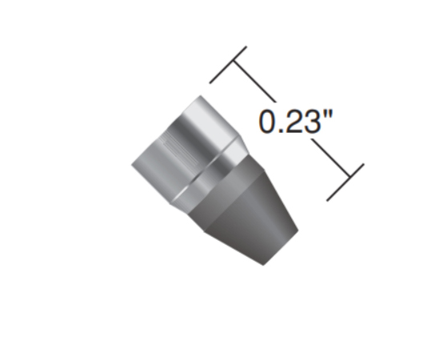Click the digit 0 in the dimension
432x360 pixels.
(268, 122)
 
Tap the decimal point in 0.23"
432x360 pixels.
(282, 130)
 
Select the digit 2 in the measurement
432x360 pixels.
(294, 121)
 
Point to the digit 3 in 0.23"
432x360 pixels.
(312, 122)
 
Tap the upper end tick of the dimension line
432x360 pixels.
(228, 65)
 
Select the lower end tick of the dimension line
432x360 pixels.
(346, 182)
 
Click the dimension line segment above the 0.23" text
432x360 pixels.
(254, 82)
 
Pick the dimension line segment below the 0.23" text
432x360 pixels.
(331, 158)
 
